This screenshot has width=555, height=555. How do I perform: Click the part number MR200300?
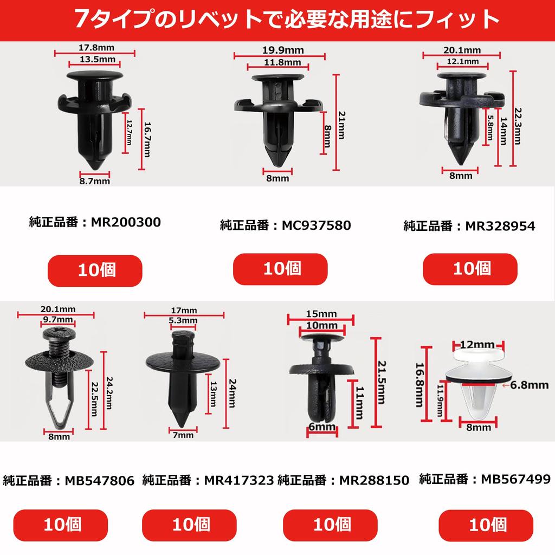point(126,222)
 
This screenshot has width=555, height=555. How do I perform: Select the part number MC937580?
point(316,225)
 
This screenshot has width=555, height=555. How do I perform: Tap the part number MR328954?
point(500,226)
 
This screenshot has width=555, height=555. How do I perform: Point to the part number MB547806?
point(99,480)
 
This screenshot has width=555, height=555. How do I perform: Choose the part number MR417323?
point(238,480)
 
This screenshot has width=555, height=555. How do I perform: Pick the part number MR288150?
point(373,480)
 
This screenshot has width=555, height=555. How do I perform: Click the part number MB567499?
point(515,479)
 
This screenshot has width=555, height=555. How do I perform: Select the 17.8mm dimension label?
point(94,48)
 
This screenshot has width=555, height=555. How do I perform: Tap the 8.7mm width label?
point(94,181)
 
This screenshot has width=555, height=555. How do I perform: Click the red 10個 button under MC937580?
point(280,269)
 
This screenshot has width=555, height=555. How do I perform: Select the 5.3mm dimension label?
point(183,320)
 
